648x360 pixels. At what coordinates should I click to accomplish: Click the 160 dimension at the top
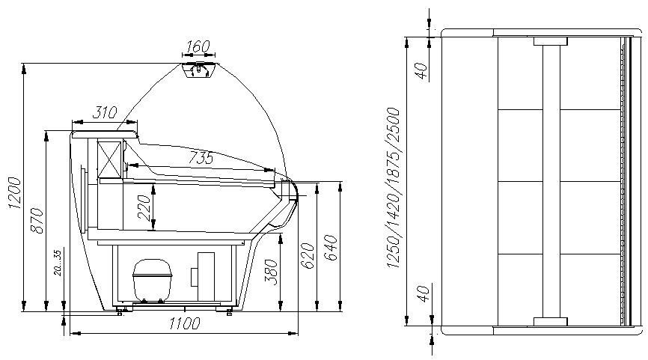(198, 46)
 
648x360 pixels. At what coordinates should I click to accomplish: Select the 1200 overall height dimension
(14, 192)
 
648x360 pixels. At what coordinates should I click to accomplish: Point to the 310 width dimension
(105, 112)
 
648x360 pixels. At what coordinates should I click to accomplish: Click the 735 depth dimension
(201, 157)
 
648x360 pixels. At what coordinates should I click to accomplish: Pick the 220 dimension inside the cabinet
(144, 207)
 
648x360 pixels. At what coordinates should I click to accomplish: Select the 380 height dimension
(271, 272)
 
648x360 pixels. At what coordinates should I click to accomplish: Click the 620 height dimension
(308, 256)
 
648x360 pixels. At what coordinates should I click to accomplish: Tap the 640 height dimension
(331, 248)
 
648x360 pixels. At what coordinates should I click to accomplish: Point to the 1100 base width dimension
(184, 323)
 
